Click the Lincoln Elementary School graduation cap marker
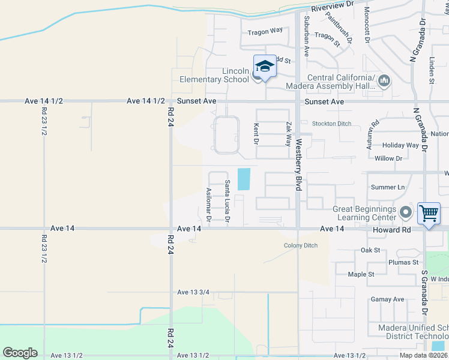coord(265,65)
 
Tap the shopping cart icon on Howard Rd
coord(429,213)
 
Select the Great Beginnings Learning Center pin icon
coord(406,212)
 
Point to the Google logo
coord(20,353)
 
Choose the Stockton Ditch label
coord(331,124)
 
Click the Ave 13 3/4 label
coord(193,292)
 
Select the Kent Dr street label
coord(256,134)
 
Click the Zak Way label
coord(289,134)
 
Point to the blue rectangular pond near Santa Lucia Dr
coord(244,179)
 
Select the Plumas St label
coord(403,262)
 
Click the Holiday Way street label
coord(400,145)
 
